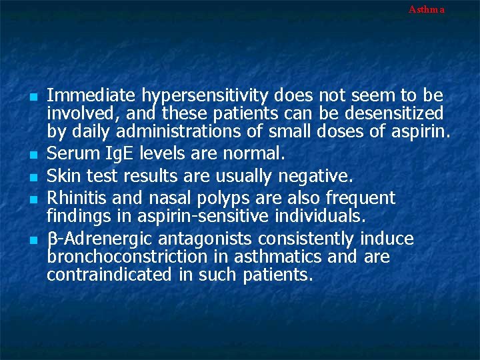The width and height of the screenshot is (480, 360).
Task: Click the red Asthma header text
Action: tap(426, 9)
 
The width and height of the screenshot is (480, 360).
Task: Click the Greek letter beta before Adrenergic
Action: tap(51, 239)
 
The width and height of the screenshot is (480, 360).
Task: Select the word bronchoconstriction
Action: tap(118, 257)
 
